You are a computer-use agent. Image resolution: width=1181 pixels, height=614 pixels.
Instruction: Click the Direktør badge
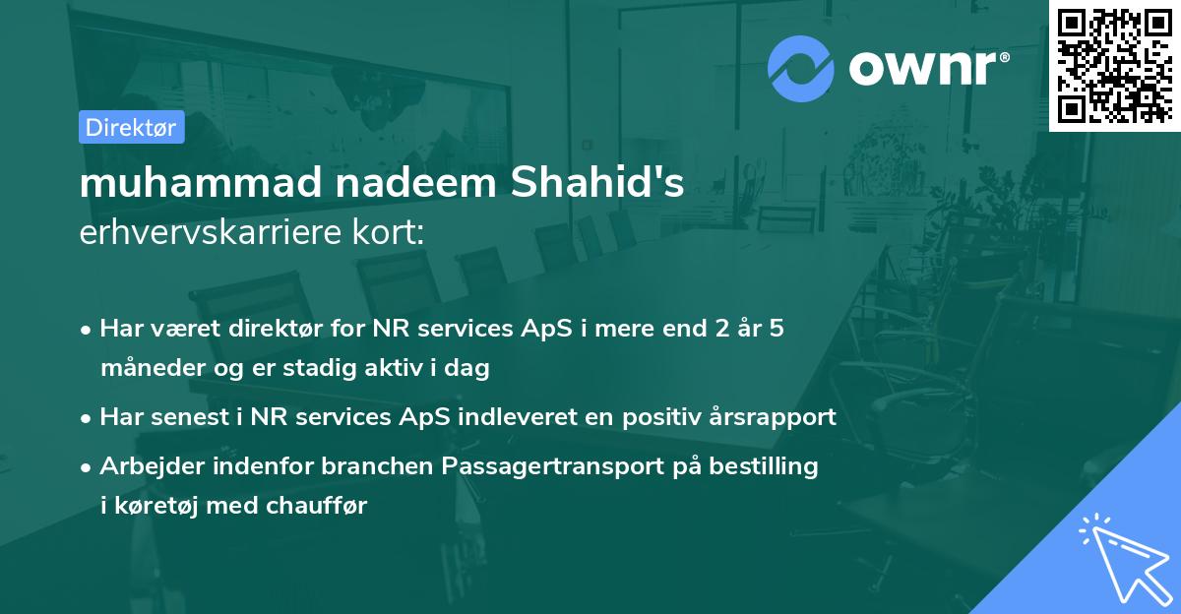(x=132, y=127)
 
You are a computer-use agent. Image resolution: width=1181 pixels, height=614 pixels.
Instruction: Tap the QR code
(x=1114, y=65)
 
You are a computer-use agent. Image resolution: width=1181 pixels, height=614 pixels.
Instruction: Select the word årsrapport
(x=771, y=417)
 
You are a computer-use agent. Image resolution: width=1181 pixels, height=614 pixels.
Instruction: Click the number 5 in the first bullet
(x=777, y=329)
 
